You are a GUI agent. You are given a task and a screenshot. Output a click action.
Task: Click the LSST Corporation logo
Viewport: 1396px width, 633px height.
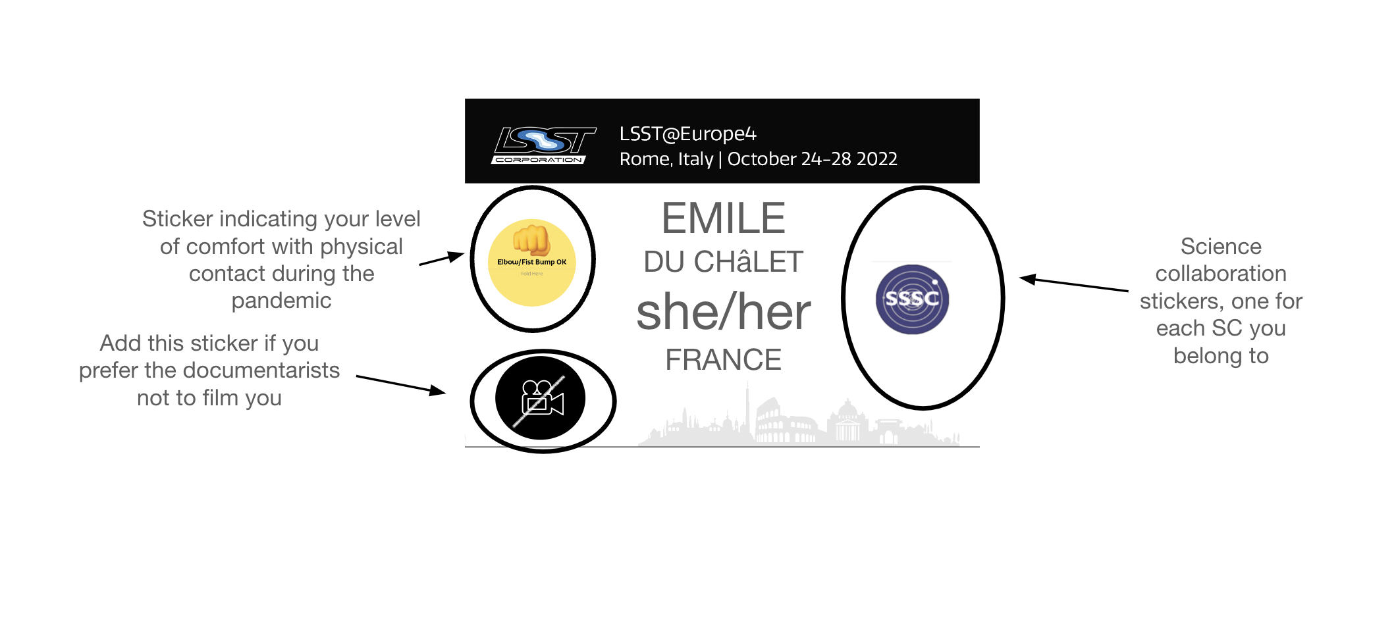tap(543, 145)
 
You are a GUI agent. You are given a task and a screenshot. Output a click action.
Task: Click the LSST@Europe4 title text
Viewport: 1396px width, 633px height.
tap(687, 134)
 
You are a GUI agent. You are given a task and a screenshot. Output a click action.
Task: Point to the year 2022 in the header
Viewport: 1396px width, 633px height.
tap(876, 159)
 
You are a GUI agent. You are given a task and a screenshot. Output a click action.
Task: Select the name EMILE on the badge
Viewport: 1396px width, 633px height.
tap(723, 218)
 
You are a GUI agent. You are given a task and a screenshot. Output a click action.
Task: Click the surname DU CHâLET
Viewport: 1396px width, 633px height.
tap(723, 262)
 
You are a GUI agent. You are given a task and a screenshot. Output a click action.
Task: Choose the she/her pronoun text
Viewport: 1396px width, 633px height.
tap(723, 312)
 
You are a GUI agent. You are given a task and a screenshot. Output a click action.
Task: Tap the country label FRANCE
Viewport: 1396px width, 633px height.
tap(723, 360)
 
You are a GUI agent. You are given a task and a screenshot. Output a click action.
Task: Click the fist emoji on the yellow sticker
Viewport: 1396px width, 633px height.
tap(531, 240)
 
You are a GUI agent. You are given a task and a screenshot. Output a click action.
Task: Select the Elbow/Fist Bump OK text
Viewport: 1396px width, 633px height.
tap(531, 262)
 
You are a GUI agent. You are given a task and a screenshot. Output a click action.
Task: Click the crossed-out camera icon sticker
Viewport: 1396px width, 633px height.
tap(541, 399)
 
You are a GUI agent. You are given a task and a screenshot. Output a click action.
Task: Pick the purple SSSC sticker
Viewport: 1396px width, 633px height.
tap(912, 299)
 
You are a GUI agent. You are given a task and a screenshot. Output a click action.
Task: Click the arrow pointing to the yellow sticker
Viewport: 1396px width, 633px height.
tap(442, 259)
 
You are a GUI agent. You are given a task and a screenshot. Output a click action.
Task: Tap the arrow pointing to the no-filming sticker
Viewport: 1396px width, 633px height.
tap(401, 385)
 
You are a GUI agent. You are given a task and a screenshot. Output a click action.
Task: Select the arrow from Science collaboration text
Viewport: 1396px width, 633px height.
tap(1073, 284)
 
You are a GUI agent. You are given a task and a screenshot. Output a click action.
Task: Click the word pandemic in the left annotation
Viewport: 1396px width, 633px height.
tap(281, 301)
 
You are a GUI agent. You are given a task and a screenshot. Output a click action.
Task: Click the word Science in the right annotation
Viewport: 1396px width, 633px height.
tap(1220, 247)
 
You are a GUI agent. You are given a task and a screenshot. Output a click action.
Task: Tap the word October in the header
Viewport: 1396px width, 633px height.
tap(762, 159)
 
